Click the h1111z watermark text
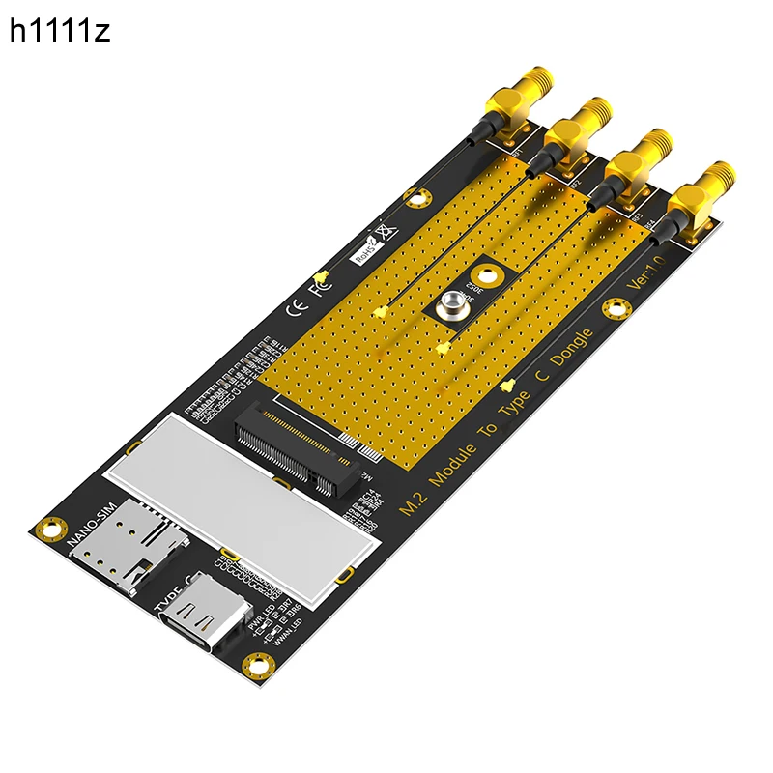pyautogui.click(x=60, y=31)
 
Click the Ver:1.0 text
pyautogui.click(x=646, y=273)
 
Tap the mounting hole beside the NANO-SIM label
pyautogui.click(x=43, y=527)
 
